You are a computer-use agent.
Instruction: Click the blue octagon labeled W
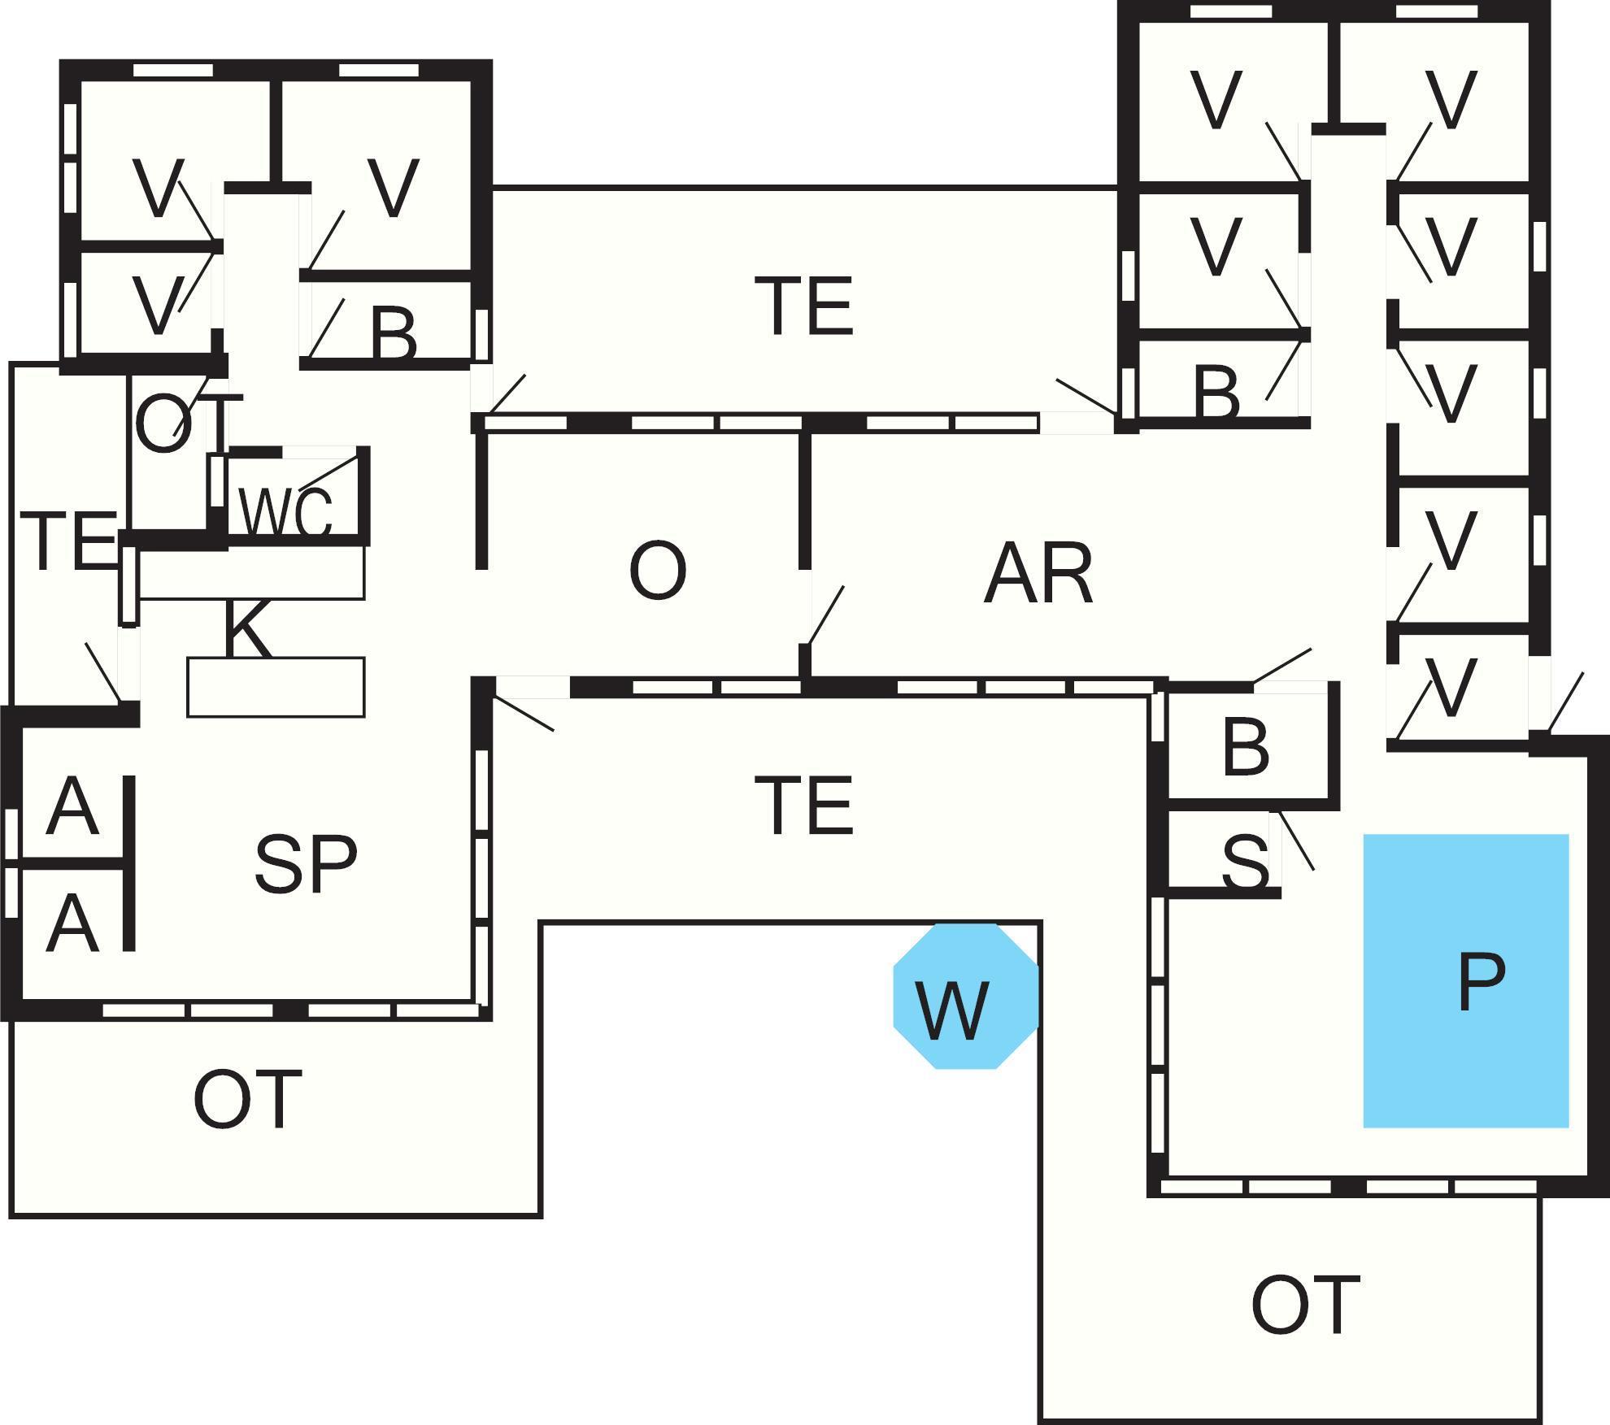pos(966,996)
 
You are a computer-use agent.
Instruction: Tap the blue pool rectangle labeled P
pos(1465,980)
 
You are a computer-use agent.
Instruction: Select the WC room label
pos(285,513)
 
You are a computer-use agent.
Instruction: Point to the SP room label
pos(305,864)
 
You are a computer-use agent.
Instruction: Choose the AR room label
pos(1038,575)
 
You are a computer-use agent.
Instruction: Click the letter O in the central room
pos(657,571)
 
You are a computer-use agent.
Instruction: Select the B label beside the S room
pos(1244,746)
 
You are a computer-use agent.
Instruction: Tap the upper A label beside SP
pos(72,806)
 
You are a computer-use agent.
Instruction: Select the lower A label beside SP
pos(72,923)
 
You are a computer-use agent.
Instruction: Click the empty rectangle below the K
pos(276,687)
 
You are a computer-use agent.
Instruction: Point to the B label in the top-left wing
pos(394,334)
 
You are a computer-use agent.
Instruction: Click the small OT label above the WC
pos(187,423)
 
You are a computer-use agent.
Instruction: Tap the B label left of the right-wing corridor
pos(1216,393)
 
